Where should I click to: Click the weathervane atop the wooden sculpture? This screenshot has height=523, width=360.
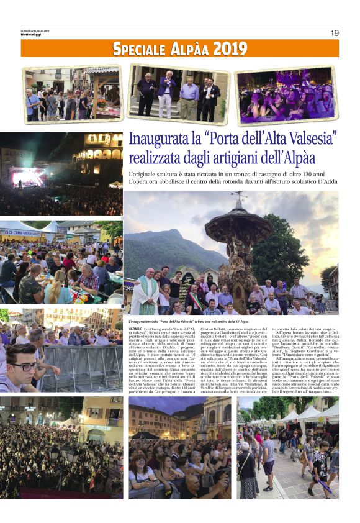click(x=238, y=198)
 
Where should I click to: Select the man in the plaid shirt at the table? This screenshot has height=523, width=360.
click(x=29, y=286)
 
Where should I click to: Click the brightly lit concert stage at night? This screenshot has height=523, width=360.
click(x=27, y=177)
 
